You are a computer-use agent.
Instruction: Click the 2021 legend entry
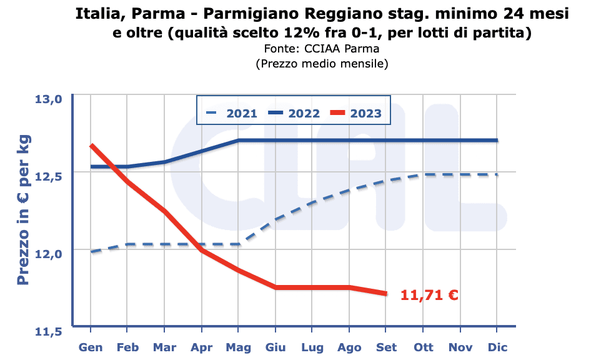tap(231, 113)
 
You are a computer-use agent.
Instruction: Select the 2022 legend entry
tap(294, 113)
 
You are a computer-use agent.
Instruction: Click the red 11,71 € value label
tap(429, 295)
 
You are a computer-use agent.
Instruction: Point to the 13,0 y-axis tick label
tap(48, 99)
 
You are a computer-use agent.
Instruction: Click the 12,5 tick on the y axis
tap(48, 176)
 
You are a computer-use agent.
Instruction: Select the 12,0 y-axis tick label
tap(48, 254)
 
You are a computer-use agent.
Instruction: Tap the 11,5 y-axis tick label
tap(48, 331)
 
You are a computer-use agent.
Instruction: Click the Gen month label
tap(91, 347)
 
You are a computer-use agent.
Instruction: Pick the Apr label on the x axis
tap(201, 347)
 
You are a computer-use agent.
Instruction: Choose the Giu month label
tap(275, 347)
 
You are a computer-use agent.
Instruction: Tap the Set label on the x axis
tap(386, 347)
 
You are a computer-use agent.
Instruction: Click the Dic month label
tap(497, 347)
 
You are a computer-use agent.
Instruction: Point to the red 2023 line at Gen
tap(91, 145)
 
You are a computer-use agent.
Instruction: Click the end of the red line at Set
tap(386, 293)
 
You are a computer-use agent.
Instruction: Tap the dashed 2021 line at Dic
tap(497, 174)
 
